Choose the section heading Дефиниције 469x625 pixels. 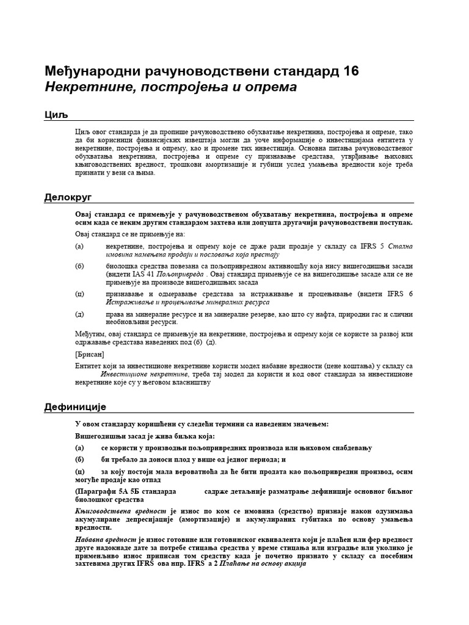point(75,406)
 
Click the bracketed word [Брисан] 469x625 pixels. point(90,355)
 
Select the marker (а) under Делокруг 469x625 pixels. point(79,246)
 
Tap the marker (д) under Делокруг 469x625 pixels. point(79,314)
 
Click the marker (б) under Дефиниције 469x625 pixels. point(79,459)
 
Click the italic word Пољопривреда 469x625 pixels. point(179,275)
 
